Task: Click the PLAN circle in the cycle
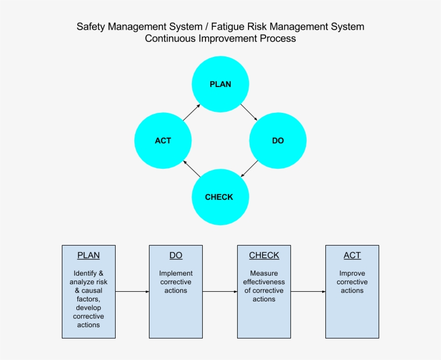coord(220,84)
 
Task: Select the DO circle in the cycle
coord(278,141)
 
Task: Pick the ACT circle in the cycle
coord(163,141)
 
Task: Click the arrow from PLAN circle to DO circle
coord(249,112)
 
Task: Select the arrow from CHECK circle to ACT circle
coord(191,169)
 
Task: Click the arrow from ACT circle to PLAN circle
coord(191,112)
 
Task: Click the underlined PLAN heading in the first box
coord(88,256)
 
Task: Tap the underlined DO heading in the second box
coord(176,256)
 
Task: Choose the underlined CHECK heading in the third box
coord(264,256)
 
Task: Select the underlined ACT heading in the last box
coord(352,256)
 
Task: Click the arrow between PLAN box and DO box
coord(132,291)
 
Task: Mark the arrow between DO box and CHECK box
coord(220,291)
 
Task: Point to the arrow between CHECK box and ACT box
coord(308,291)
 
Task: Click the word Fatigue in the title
coord(227,26)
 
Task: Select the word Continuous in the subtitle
coord(170,39)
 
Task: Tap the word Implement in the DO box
coord(176,273)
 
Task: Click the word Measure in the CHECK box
coord(264,273)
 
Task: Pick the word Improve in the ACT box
coord(352,273)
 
